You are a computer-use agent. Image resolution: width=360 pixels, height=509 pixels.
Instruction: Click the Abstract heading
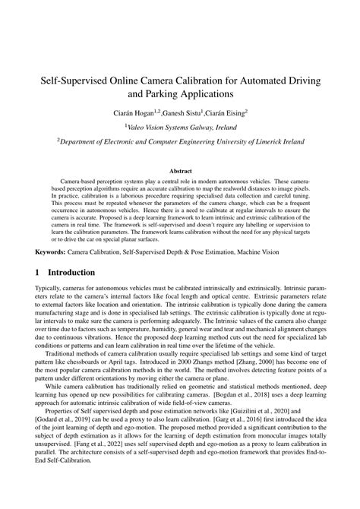[180, 172]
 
